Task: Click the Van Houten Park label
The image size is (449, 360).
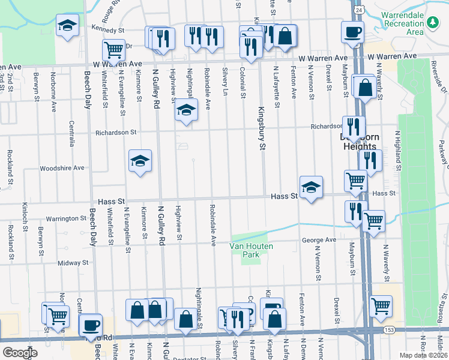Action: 251,250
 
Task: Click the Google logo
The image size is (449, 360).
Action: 20,353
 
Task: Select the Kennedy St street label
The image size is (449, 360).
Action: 107,28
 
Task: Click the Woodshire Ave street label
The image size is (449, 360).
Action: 62,168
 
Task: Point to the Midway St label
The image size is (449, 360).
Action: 73,263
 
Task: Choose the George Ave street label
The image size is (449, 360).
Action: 319,240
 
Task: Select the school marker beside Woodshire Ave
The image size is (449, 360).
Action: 140,160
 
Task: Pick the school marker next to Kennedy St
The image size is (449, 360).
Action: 67,25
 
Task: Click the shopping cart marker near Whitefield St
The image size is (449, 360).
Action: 113,50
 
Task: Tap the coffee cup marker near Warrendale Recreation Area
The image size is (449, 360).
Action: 352,31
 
